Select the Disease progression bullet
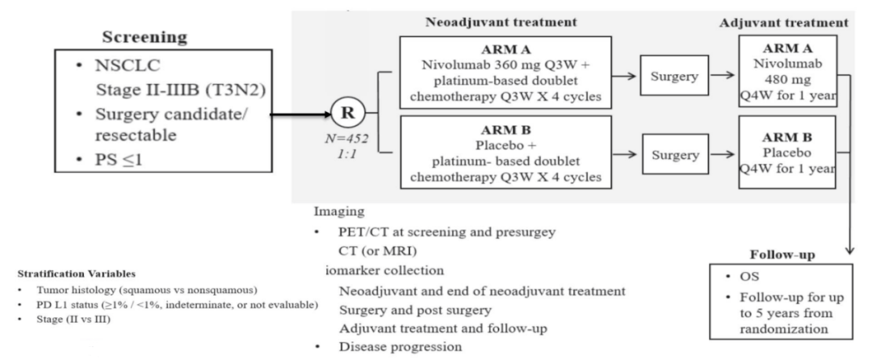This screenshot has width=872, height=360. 399,348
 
